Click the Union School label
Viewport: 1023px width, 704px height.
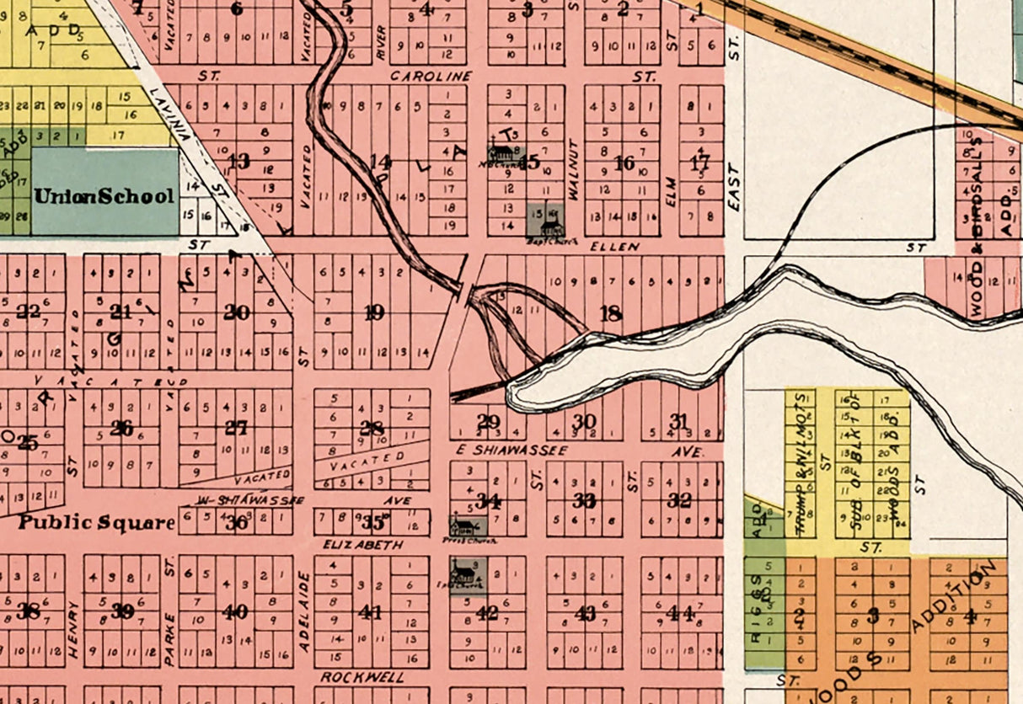coord(104,196)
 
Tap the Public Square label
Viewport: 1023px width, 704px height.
coord(97,521)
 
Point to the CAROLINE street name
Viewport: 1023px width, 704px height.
coord(431,76)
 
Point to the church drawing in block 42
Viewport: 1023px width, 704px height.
coord(462,577)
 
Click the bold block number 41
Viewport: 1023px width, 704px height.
coord(371,612)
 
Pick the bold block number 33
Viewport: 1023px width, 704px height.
coord(584,500)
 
